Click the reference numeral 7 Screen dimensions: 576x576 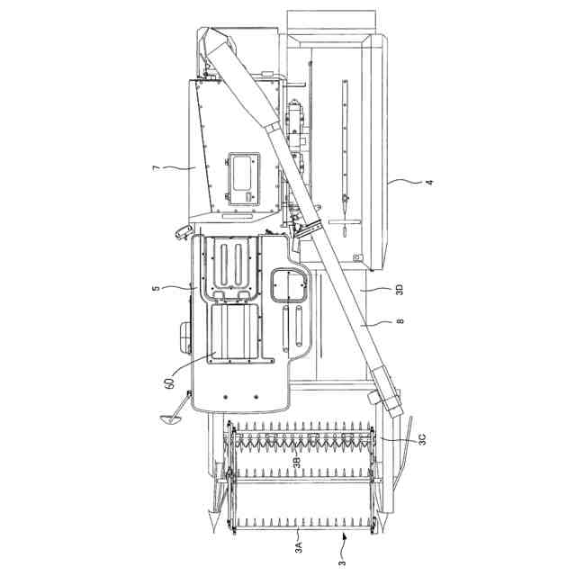tap(157, 168)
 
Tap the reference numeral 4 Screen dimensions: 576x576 tap(429, 182)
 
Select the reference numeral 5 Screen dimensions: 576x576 tap(157, 288)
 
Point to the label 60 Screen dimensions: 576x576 tap(169, 384)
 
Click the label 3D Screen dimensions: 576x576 tap(400, 289)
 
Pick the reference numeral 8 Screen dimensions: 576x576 tap(400, 321)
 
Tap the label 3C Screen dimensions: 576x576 tap(422, 439)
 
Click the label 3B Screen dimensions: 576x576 tap(297, 462)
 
